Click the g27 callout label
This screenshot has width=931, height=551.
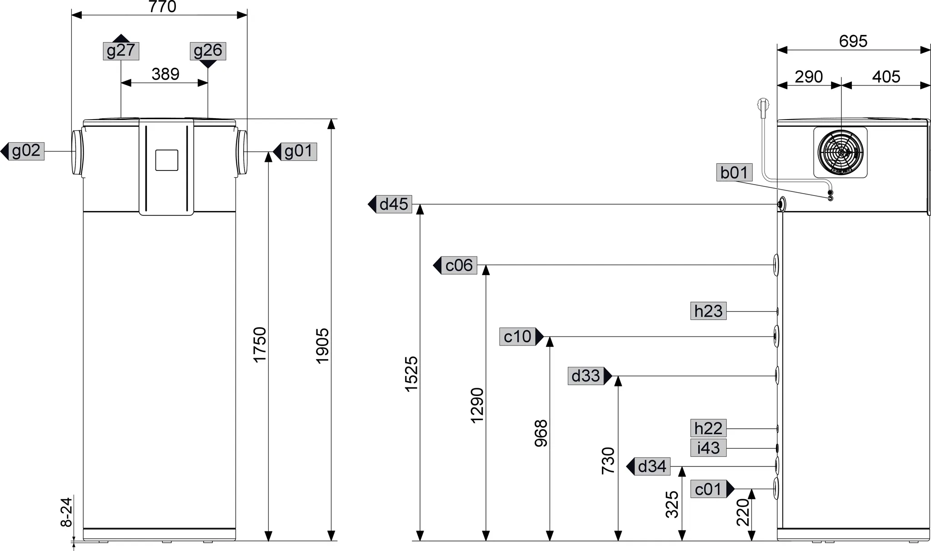click(x=120, y=51)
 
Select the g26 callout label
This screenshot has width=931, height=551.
click(x=208, y=51)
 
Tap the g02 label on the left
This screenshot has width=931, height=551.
click(x=26, y=151)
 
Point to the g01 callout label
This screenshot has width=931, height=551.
click(x=298, y=151)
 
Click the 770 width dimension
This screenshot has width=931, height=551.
click(x=162, y=7)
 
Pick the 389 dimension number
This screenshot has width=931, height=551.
click(x=165, y=74)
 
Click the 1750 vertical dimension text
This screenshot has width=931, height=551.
click(x=260, y=344)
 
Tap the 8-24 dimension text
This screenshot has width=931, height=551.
click(x=66, y=512)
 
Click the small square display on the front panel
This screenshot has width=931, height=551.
click(x=166, y=160)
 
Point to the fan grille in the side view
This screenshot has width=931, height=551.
click(x=840, y=152)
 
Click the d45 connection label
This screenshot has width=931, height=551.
click(x=394, y=205)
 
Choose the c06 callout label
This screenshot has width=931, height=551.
click(x=459, y=265)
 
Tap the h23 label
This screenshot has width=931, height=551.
click(x=708, y=311)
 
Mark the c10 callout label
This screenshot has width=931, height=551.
click(x=517, y=337)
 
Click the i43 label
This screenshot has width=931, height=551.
click(x=708, y=448)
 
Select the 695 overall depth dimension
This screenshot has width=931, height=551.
click(x=853, y=41)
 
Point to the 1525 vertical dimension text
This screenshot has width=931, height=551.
click(x=411, y=374)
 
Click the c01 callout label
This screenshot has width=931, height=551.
click(x=708, y=489)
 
